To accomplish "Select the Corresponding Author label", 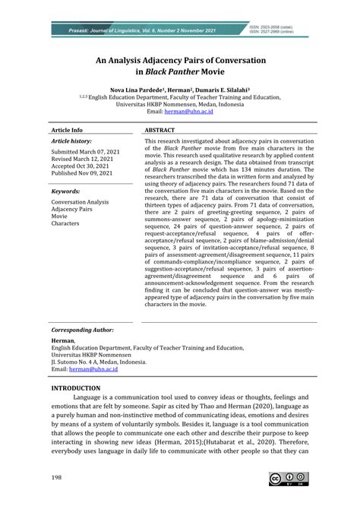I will (82, 330).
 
